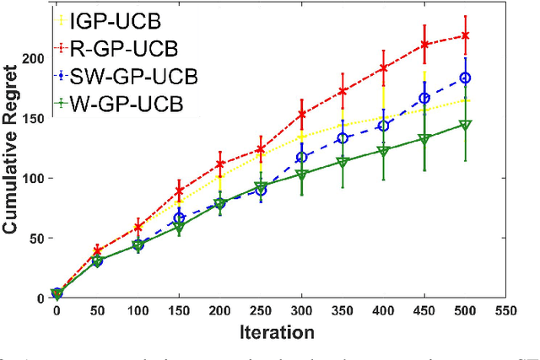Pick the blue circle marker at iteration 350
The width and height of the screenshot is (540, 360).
tap(342, 137)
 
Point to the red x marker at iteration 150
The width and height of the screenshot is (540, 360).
tap(179, 191)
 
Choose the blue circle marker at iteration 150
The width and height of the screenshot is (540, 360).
tap(179, 218)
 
